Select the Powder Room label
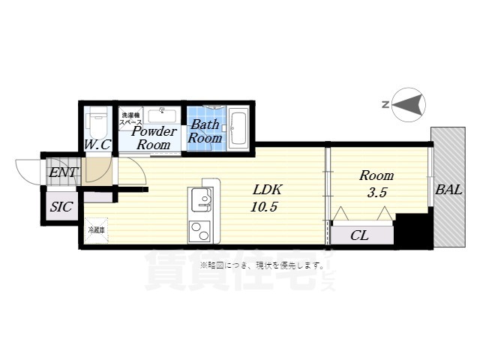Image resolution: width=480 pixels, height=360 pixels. pos(154,138)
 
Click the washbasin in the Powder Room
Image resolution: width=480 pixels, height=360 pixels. pos(162,115)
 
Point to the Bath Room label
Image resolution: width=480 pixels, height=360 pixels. pos(205,131)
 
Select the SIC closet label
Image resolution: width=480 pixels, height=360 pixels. pos(61,207)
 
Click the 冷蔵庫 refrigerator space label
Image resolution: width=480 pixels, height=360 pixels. pos(97,230)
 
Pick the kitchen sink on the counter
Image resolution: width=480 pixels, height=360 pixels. pos(201,199)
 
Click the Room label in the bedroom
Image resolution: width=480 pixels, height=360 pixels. pos(376,175)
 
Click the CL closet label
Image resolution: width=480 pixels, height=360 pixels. pos(360,235)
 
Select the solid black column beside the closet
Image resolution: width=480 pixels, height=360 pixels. pos(411,230)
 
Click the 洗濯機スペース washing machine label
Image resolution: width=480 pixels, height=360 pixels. pos(131,118)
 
